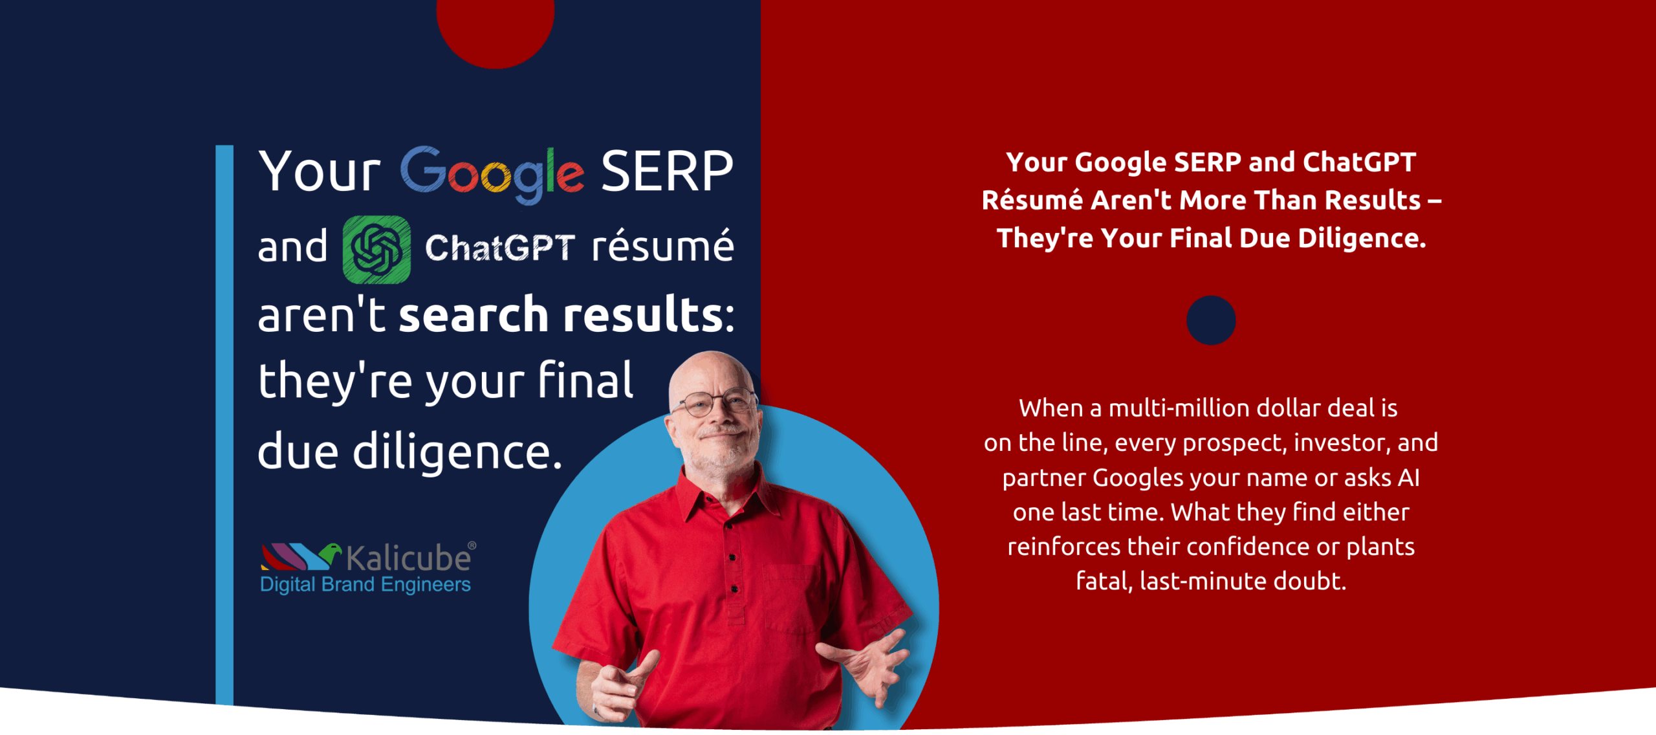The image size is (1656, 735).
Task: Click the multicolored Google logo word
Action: (x=492, y=173)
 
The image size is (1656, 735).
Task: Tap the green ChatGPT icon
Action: (x=376, y=250)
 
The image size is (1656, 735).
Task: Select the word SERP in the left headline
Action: (x=667, y=171)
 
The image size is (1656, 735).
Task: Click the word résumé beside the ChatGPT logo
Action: (x=663, y=246)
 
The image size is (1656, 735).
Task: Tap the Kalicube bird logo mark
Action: (x=301, y=556)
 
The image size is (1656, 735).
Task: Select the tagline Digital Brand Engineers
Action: (x=365, y=585)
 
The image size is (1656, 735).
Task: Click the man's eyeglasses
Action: (x=715, y=403)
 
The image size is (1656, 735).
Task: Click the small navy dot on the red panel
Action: (x=1211, y=320)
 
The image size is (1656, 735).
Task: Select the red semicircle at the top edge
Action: (x=496, y=29)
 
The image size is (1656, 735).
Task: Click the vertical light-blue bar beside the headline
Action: (x=224, y=424)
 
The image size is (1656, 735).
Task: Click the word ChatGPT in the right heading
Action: (x=1359, y=162)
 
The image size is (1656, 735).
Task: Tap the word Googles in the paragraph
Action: (x=1138, y=479)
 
